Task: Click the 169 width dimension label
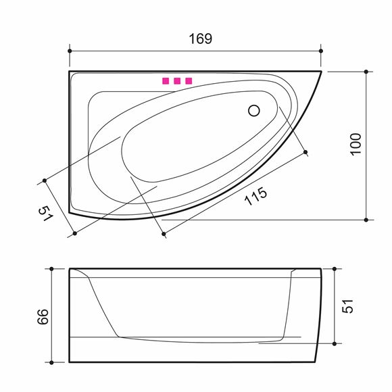click(201, 39)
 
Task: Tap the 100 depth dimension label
click(356, 145)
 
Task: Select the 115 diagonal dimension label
click(255, 196)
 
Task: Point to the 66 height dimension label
click(43, 317)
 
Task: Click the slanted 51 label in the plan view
click(46, 214)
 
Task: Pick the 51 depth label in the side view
click(347, 306)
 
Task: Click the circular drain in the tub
click(254, 111)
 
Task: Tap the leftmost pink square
click(166, 81)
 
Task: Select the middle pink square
click(177, 81)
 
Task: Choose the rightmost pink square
click(189, 81)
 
